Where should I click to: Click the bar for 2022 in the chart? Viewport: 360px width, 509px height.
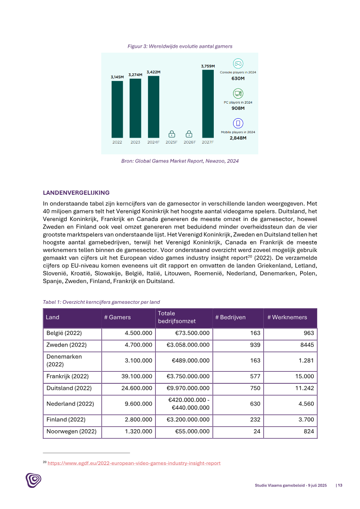tap(117, 109)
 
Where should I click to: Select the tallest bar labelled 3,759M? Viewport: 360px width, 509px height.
tap(207, 104)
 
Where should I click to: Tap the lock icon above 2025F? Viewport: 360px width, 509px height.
tap(171, 134)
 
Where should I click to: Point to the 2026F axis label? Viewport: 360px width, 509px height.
tap(189, 142)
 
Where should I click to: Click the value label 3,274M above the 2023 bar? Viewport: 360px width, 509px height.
tap(135, 75)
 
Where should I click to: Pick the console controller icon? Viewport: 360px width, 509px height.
tap(238, 63)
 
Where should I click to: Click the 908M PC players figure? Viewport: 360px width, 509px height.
tap(238, 108)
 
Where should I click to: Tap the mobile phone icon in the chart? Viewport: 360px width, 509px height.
tap(238, 123)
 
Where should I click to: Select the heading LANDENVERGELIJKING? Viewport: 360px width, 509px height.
tap(76, 193)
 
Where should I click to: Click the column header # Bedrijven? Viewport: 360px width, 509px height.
tap(230, 317)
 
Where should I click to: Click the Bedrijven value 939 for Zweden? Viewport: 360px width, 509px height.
tap(255, 345)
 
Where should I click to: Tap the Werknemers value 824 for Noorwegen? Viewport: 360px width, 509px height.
tap(308, 432)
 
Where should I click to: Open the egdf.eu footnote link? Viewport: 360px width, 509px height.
tap(134, 463)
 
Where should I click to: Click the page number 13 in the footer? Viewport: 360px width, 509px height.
tap(340, 485)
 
